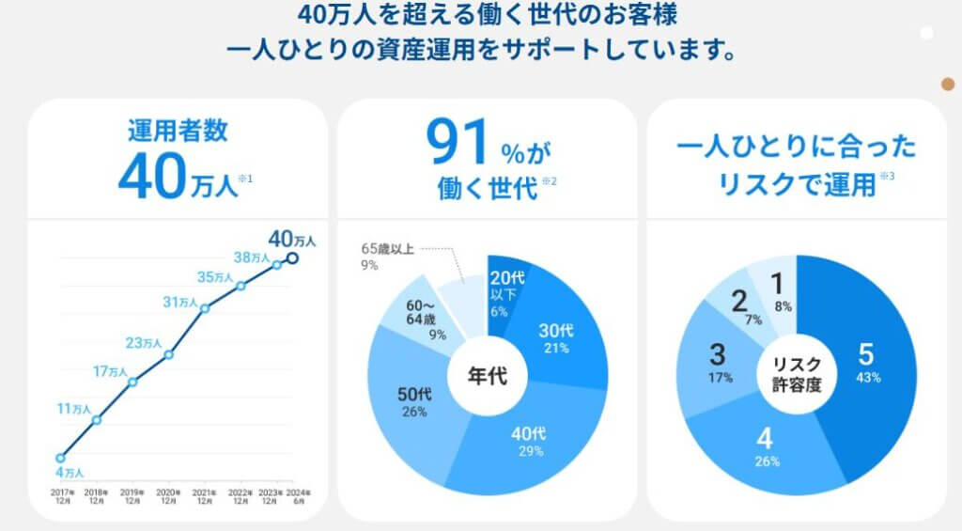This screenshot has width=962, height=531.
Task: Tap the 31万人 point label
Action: click(x=180, y=302)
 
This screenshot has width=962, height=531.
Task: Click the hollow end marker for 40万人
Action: click(x=292, y=258)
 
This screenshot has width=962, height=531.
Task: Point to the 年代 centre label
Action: click(x=488, y=376)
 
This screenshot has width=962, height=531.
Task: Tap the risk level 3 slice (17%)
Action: click(x=717, y=362)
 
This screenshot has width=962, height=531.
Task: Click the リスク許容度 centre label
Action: click(x=795, y=376)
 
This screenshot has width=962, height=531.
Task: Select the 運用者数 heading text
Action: click(x=178, y=130)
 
